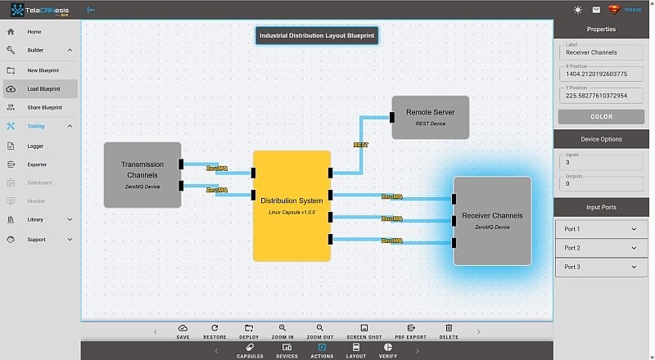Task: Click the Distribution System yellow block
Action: coord(291,205)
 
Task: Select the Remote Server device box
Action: coord(431,117)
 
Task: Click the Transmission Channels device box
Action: coord(142,174)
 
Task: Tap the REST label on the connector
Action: coord(360,145)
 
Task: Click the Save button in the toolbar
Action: coord(183,331)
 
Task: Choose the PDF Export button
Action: coord(411,331)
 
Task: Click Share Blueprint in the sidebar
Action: coord(44,107)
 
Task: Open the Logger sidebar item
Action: coord(35,146)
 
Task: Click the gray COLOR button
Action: coord(601,117)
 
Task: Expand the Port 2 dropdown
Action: coord(601,248)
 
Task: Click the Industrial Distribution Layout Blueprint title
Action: coord(316,36)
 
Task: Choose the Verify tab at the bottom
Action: coord(388,352)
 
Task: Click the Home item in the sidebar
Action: coord(34,32)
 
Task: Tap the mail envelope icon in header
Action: coord(595,10)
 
